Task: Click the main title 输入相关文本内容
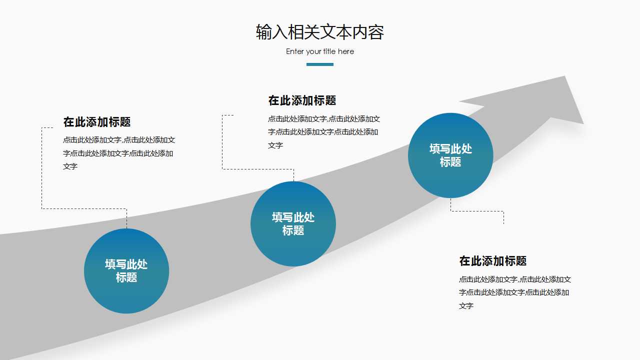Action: click(x=320, y=32)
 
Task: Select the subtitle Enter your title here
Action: click(x=320, y=51)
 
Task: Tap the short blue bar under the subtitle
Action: click(x=320, y=64)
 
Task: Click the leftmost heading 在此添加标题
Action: click(x=97, y=121)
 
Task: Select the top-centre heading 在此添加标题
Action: click(x=302, y=100)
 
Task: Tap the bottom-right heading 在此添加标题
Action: click(x=493, y=261)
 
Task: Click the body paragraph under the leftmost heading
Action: click(x=119, y=153)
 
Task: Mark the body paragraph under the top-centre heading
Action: click(x=324, y=132)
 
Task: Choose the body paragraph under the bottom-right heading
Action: click(x=515, y=292)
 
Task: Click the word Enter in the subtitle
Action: click(x=294, y=51)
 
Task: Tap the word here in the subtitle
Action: click(x=345, y=51)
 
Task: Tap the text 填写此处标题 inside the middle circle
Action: click(x=293, y=223)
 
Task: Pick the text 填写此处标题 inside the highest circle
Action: click(x=450, y=155)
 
